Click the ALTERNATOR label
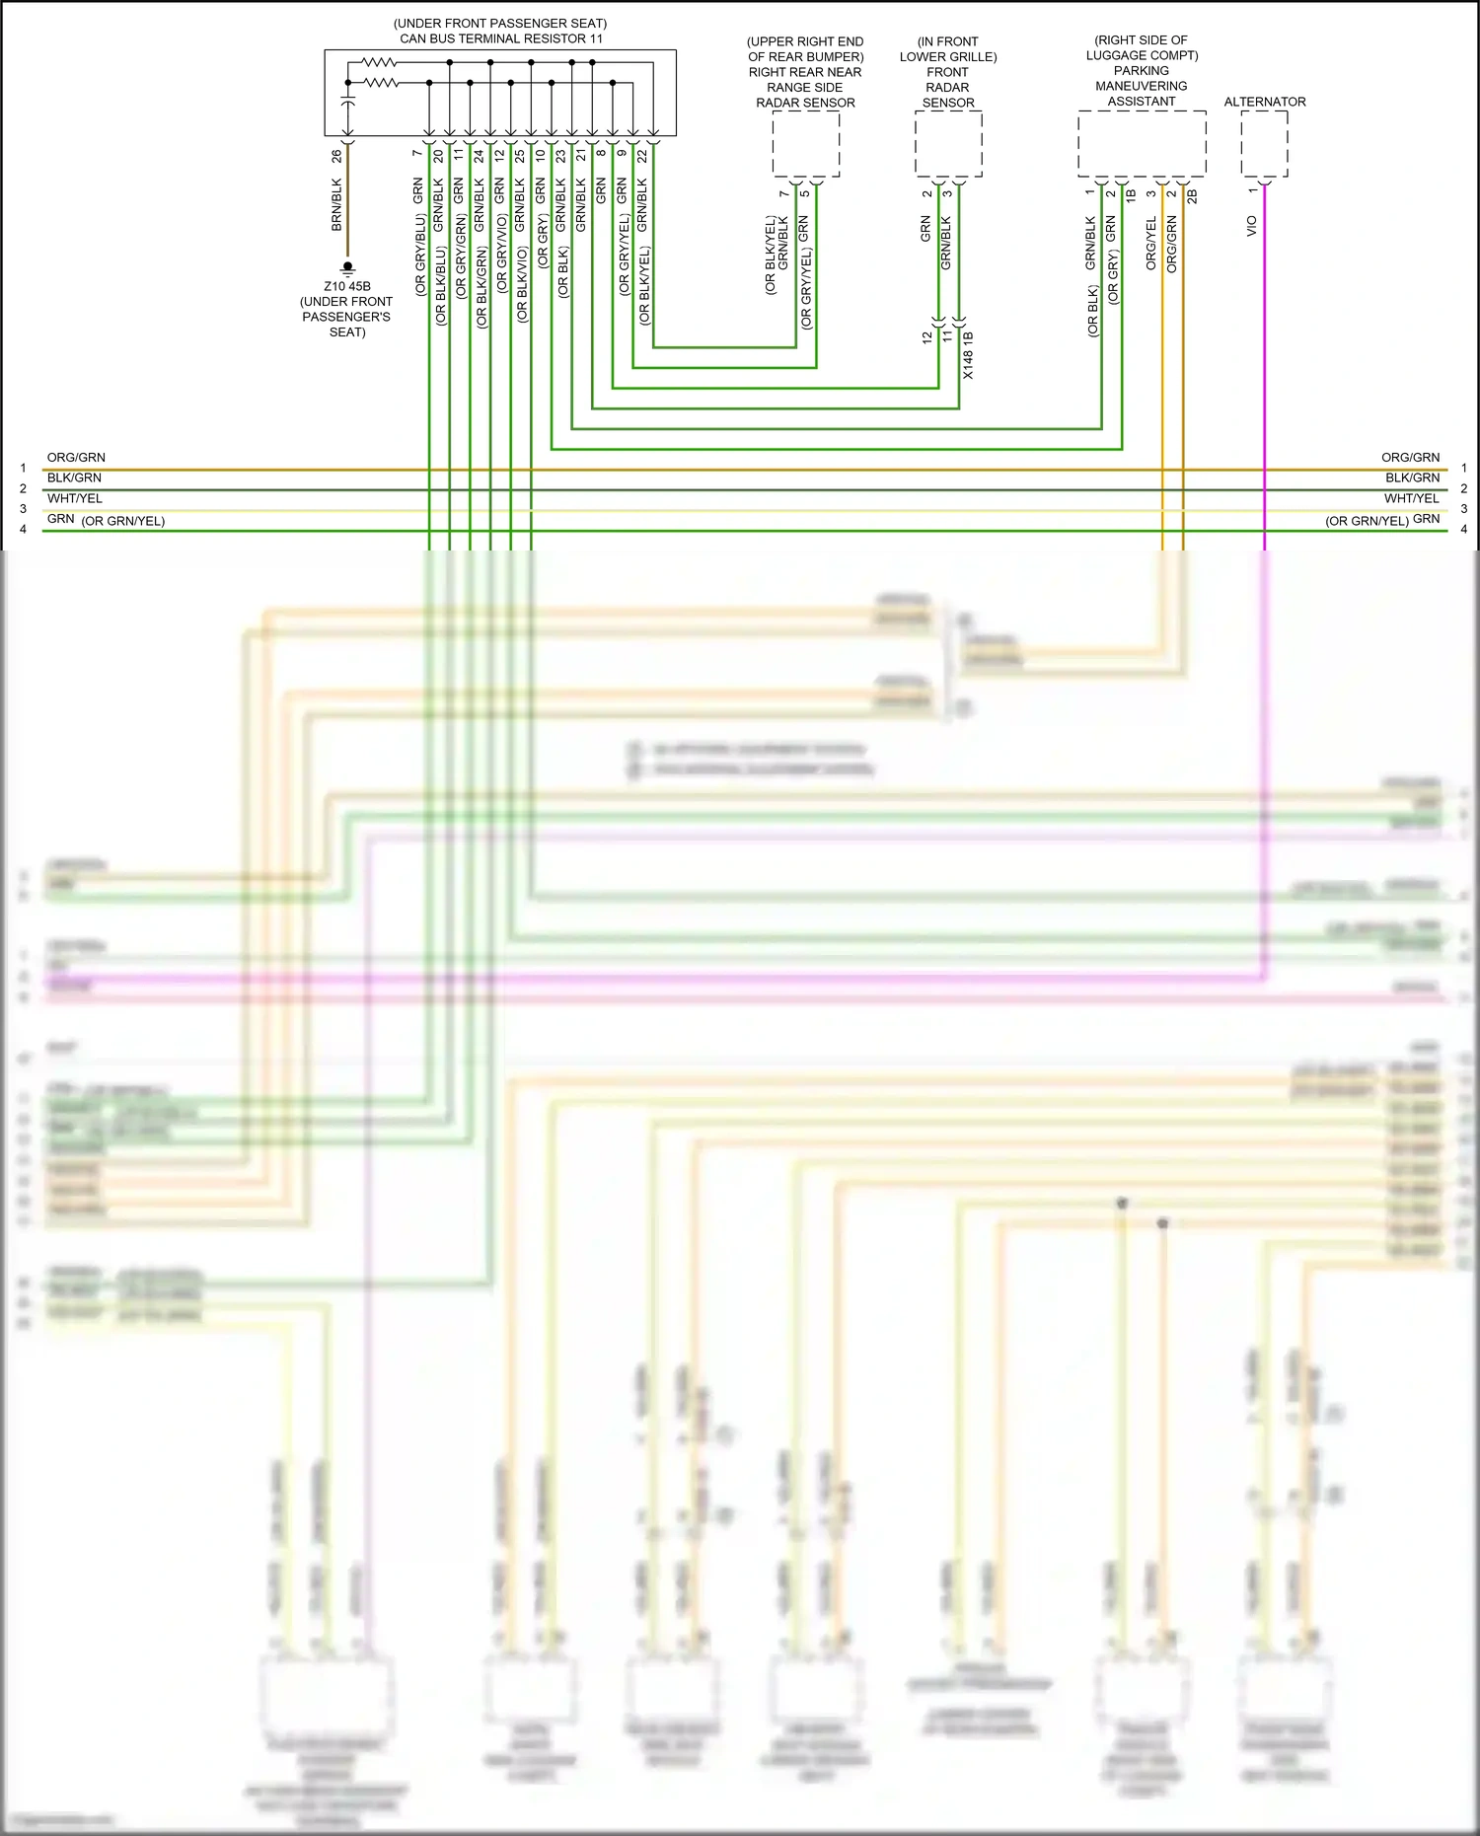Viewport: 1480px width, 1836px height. [1264, 102]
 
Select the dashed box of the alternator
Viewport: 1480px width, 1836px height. [1264, 144]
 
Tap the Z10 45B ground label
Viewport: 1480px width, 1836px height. [347, 286]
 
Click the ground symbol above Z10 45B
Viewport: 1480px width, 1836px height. [347, 268]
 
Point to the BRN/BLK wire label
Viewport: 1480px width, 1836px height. [336, 205]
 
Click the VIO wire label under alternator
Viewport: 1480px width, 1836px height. [1252, 226]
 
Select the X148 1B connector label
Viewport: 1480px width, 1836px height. [968, 356]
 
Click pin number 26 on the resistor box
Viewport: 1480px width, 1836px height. [336, 156]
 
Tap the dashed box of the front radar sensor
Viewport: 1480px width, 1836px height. [948, 144]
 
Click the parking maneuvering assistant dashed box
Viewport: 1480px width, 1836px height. [1142, 144]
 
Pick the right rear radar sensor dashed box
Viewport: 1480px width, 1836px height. [805, 144]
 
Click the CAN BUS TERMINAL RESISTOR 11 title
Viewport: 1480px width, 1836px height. [500, 38]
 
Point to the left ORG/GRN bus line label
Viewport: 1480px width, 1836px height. [76, 458]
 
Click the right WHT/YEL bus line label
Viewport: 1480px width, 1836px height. [1411, 498]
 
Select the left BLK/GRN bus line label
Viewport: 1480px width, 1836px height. [74, 477]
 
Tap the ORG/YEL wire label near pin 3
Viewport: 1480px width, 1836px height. [1150, 244]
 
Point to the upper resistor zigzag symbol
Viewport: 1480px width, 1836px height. [380, 62]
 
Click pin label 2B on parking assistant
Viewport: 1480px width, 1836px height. [1192, 196]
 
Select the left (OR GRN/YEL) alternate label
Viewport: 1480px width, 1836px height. [123, 521]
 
